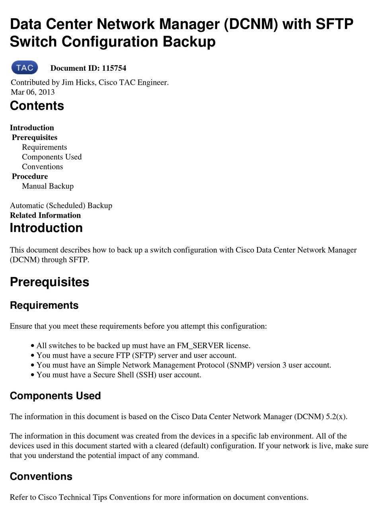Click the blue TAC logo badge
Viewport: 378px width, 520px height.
click(25, 68)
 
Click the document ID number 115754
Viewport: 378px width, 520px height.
click(114, 68)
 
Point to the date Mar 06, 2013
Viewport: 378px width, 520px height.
click(33, 92)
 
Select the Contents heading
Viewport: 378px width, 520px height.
click(37, 106)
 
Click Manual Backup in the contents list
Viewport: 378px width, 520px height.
click(48, 186)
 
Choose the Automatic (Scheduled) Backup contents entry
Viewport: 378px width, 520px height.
click(61, 205)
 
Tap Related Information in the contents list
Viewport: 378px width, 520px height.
click(45, 215)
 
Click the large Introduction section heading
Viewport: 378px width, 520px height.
click(46, 228)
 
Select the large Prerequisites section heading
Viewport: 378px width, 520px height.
click(49, 282)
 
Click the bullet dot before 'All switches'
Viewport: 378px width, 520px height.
click(33, 346)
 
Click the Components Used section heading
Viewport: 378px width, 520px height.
click(55, 396)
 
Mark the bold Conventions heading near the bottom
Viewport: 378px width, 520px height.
click(41, 477)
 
